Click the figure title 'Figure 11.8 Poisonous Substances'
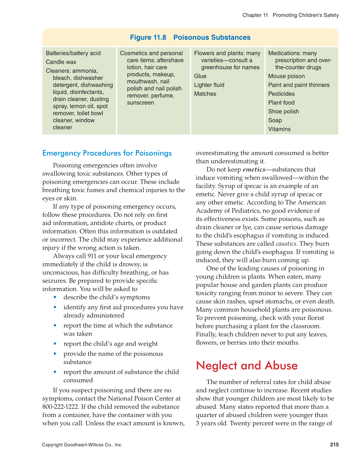point(190,37)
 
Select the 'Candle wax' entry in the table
point(61,62)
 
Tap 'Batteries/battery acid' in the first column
point(73,53)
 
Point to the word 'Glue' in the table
point(200,76)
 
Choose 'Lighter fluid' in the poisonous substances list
point(209,85)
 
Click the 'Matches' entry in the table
point(205,94)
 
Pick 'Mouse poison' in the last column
point(287,76)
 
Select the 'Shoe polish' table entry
point(283,112)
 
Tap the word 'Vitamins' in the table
point(279,129)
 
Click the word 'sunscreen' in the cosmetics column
point(140,103)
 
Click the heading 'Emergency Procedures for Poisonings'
point(107,153)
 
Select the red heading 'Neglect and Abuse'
point(247,366)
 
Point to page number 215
point(334,445)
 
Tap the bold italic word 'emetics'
point(254,170)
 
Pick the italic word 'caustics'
point(286,244)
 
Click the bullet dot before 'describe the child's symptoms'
point(55,297)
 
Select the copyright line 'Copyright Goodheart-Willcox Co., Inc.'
point(82,445)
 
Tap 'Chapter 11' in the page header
point(255,15)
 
